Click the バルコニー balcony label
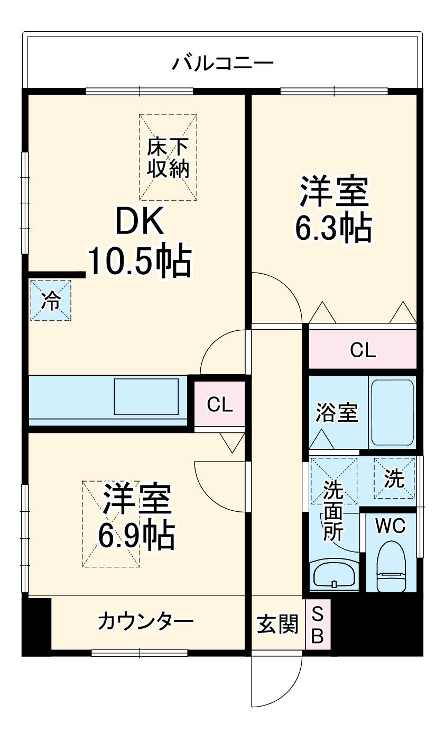(222, 64)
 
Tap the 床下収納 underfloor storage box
(168, 157)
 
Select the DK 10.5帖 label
(139, 243)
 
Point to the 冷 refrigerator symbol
(51, 301)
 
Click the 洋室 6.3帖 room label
(334, 210)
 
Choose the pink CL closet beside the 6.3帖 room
(363, 349)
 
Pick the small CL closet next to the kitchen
(219, 404)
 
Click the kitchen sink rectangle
(147, 396)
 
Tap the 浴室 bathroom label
(337, 413)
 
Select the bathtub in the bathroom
(392, 412)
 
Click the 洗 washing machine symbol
(394, 478)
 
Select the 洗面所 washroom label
(333, 510)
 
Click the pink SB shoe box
(318, 625)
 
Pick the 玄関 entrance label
(277, 625)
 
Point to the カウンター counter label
(145, 621)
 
